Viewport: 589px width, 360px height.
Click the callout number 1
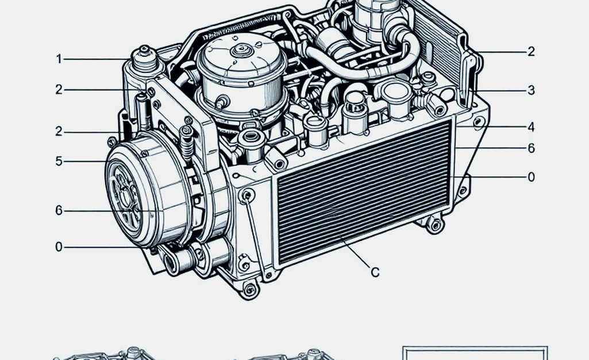(59, 59)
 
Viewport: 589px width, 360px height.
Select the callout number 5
(59, 161)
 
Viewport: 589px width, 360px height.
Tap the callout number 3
(531, 90)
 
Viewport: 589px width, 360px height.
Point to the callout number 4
(531, 127)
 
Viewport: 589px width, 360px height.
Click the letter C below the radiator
(375, 272)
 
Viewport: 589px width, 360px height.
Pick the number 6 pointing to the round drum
(59, 210)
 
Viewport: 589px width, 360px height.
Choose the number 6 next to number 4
(531, 148)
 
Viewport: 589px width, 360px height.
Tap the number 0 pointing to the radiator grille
(531, 177)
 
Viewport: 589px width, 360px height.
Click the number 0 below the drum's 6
(59, 247)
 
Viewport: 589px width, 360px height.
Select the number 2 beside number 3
(531, 52)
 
